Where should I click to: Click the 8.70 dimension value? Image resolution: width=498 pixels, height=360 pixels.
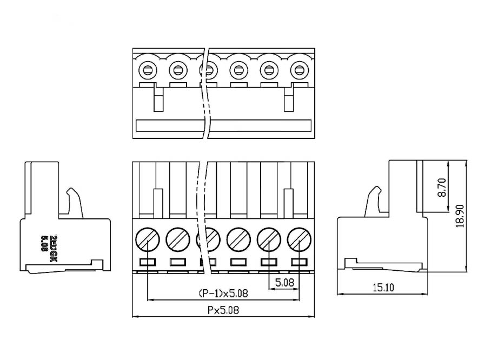click(x=442, y=188)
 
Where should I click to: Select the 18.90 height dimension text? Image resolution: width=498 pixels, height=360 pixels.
click(x=460, y=216)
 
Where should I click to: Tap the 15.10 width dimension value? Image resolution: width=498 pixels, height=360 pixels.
click(x=383, y=288)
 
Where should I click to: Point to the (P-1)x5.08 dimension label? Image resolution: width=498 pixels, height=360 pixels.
click(x=223, y=294)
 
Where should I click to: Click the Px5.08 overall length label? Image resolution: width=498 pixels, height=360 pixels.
click(x=223, y=310)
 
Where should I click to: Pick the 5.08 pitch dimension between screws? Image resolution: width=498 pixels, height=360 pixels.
click(x=284, y=282)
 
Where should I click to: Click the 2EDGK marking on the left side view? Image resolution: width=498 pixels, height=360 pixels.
click(x=54, y=249)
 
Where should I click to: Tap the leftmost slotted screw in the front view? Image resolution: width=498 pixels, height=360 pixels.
click(x=148, y=239)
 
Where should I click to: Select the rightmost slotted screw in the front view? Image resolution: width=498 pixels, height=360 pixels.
click(x=299, y=239)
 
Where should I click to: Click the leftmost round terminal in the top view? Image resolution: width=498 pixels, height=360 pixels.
click(x=148, y=69)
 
